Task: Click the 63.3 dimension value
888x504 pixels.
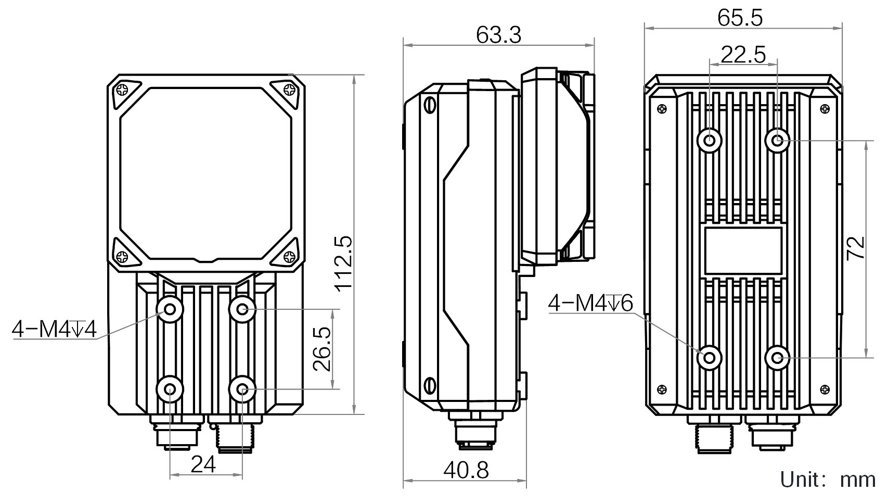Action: click(x=498, y=35)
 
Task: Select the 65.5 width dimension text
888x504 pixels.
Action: click(x=740, y=18)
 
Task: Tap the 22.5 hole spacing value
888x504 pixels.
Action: click(x=743, y=55)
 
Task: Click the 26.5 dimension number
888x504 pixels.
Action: click(x=322, y=349)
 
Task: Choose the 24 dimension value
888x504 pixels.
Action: click(x=203, y=464)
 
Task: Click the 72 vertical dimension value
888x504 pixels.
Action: click(x=856, y=248)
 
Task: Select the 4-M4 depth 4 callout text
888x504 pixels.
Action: click(x=54, y=329)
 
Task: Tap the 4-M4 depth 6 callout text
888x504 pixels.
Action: click(x=590, y=304)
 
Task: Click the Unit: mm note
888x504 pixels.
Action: click(x=828, y=480)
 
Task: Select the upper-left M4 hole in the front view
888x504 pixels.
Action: click(x=170, y=309)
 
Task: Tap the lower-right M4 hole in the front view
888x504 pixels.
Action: click(x=242, y=389)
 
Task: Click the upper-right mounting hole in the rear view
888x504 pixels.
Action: click(x=777, y=141)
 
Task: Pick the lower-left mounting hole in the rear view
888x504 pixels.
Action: click(x=709, y=358)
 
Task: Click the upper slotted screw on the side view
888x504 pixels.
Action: click(x=430, y=105)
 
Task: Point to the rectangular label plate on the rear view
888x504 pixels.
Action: click(x=743, y=251)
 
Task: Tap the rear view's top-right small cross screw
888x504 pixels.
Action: click(x=825, y=109)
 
